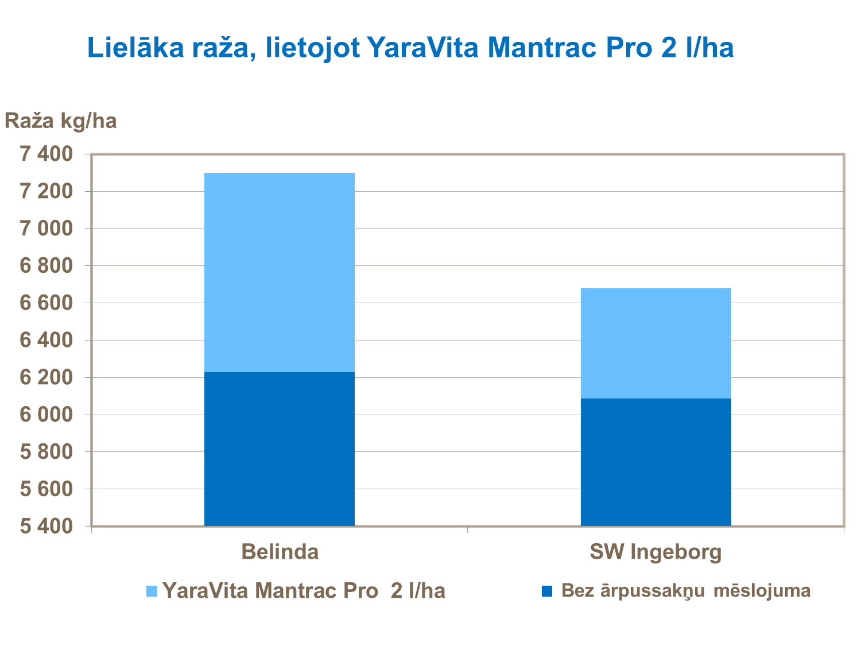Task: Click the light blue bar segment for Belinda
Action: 280,272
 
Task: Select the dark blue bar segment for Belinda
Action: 280,448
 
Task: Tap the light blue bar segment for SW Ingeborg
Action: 656,343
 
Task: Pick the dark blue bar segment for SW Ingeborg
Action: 656,462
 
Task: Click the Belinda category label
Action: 280,552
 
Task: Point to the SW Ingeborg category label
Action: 656,552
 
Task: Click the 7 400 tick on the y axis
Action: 46,154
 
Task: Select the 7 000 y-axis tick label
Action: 46,229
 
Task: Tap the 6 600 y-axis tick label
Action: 46,303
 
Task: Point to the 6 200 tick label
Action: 46,377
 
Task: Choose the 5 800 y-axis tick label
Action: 46,452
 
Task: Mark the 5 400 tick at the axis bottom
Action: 46,526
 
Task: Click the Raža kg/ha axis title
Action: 61,121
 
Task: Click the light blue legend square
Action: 152,591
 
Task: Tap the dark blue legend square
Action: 547,591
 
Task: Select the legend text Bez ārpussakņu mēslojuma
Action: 686,590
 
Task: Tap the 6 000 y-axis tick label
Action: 46,415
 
